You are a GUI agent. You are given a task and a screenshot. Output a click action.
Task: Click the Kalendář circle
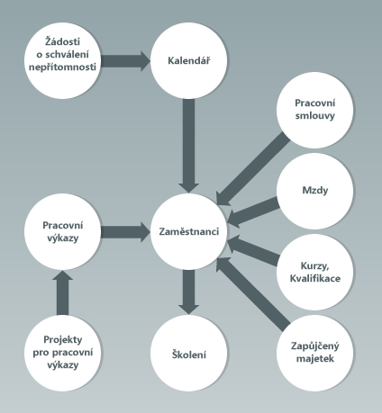point(188,60)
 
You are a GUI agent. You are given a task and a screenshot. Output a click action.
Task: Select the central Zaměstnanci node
point(188,231)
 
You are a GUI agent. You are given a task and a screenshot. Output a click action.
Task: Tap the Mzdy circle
point(314,191)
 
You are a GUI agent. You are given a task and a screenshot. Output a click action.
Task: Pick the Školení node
point(188,353)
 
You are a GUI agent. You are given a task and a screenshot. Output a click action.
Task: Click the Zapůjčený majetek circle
point(314,353)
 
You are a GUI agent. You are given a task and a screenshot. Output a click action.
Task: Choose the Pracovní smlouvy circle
point(314,110)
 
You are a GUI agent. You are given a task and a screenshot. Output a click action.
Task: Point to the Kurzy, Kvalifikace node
point(314,272)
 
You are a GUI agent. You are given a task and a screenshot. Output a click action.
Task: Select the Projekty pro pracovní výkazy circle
point(62,353)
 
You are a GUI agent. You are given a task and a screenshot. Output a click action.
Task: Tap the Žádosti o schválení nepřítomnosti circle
point(62,60)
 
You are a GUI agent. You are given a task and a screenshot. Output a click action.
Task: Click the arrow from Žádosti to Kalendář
point(125,61)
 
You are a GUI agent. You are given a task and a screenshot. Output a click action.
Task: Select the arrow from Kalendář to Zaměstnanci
point(188,146)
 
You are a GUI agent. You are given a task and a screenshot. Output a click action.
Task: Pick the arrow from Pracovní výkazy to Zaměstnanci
point(125,231)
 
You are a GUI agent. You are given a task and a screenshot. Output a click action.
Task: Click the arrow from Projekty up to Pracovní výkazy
point(62,292)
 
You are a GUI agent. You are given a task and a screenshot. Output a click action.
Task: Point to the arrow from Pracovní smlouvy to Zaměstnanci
point(253,169)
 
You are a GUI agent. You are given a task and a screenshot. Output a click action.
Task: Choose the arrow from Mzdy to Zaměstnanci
point(253,211)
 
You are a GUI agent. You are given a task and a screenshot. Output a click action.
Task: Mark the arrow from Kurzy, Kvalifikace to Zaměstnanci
point(253,250)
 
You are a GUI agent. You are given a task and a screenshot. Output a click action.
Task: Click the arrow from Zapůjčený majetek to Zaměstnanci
point(253,294)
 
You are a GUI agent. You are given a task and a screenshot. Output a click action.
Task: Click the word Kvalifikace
point(315,278)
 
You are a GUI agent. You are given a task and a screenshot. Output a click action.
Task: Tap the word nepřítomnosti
point(62,67)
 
